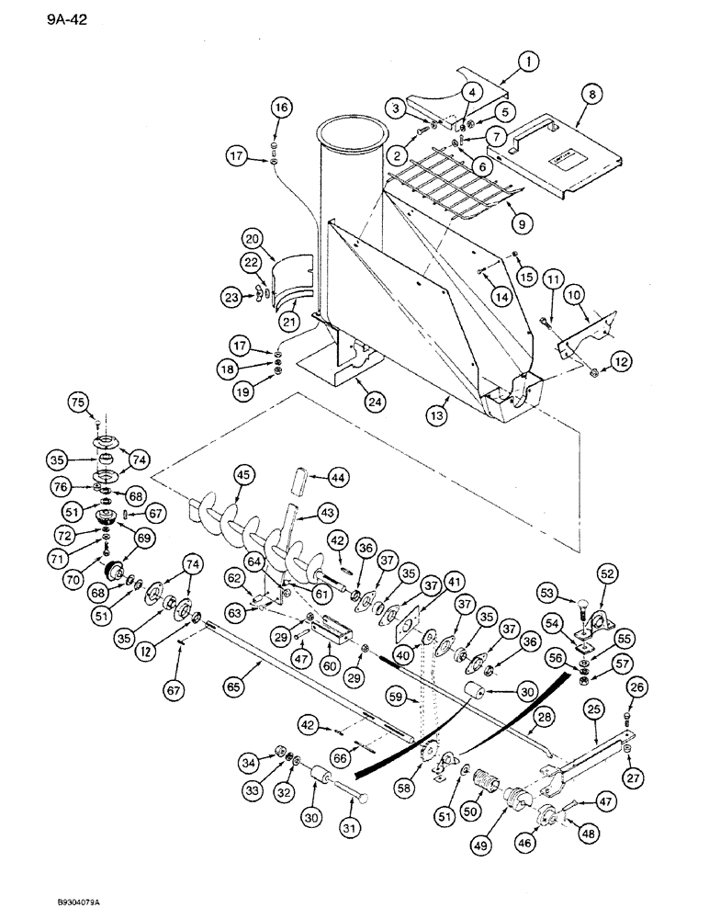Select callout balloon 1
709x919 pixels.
click(529, 63)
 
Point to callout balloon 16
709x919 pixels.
click(280, 108)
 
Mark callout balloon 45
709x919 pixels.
click(243, 475)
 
